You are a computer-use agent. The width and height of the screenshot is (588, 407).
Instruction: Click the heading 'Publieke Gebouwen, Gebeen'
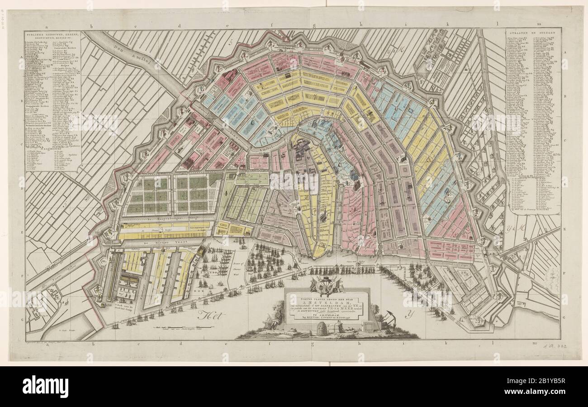coord(53,35)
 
